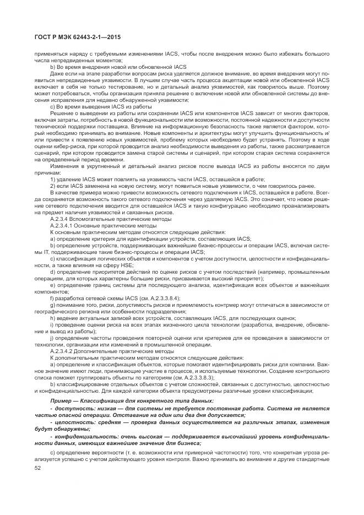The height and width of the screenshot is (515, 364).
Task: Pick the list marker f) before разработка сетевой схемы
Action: [52, 297]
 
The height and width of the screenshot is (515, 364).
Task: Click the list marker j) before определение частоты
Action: [52, 338]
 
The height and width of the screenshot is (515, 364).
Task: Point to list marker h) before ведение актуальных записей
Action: [52, 318]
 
